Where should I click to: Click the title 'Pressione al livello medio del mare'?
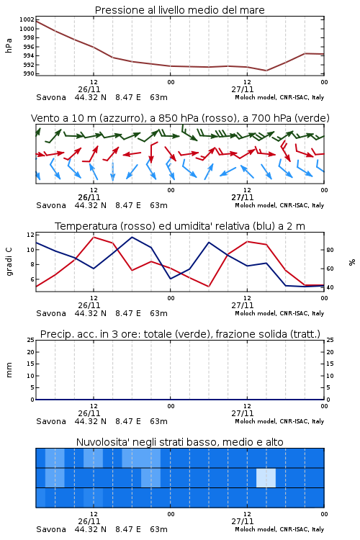[179, 10]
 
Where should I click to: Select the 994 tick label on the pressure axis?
[29, 55]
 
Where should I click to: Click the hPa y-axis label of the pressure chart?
[9, 46]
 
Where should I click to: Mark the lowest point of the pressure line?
[266, 71]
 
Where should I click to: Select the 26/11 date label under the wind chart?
[89, 197]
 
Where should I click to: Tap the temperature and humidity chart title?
[179, 226]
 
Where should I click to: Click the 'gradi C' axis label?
[9, 261]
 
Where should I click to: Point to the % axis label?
[352, 262]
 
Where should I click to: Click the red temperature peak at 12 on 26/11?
[94, 237]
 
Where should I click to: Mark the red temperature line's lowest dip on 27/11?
[209, 286]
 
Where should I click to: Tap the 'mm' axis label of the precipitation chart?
[9, 370]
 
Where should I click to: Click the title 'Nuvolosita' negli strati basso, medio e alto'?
[179, 442]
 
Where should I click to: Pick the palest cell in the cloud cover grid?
[266, 477]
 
